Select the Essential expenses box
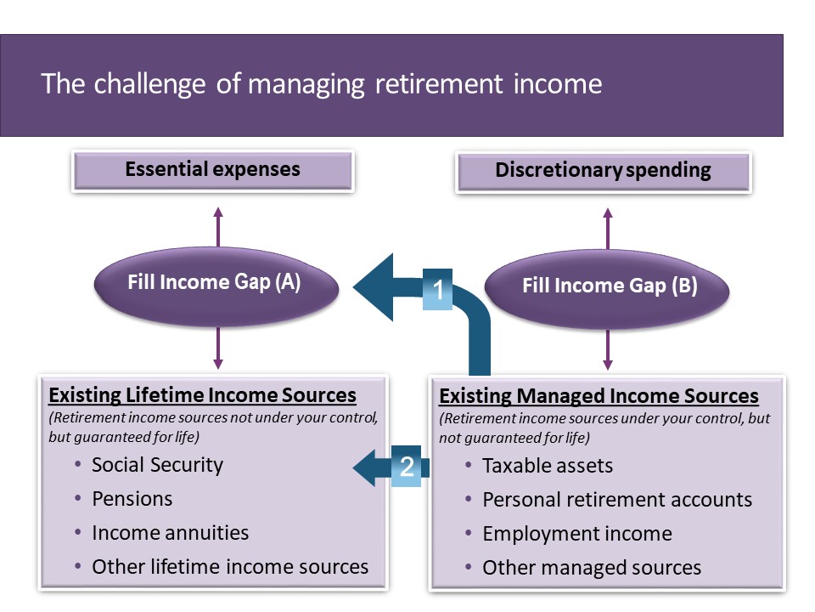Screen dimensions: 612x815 212,169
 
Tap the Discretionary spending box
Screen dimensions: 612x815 603,170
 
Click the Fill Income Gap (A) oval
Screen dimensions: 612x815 214,283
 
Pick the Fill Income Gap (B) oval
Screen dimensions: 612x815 609,286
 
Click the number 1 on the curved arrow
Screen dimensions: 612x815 438,291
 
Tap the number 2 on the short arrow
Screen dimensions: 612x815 407,467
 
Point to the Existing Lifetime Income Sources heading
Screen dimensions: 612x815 202,395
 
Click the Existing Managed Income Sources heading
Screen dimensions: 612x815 598,396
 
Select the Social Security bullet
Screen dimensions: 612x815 157,465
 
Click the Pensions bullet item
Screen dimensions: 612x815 132,499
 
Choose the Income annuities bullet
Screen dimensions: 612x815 170,533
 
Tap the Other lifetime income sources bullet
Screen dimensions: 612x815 230,567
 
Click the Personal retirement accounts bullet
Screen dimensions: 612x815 616,500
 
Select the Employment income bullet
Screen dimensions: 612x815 576,534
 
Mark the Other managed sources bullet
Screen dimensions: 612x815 591,568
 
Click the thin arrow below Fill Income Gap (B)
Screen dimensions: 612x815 607,349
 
